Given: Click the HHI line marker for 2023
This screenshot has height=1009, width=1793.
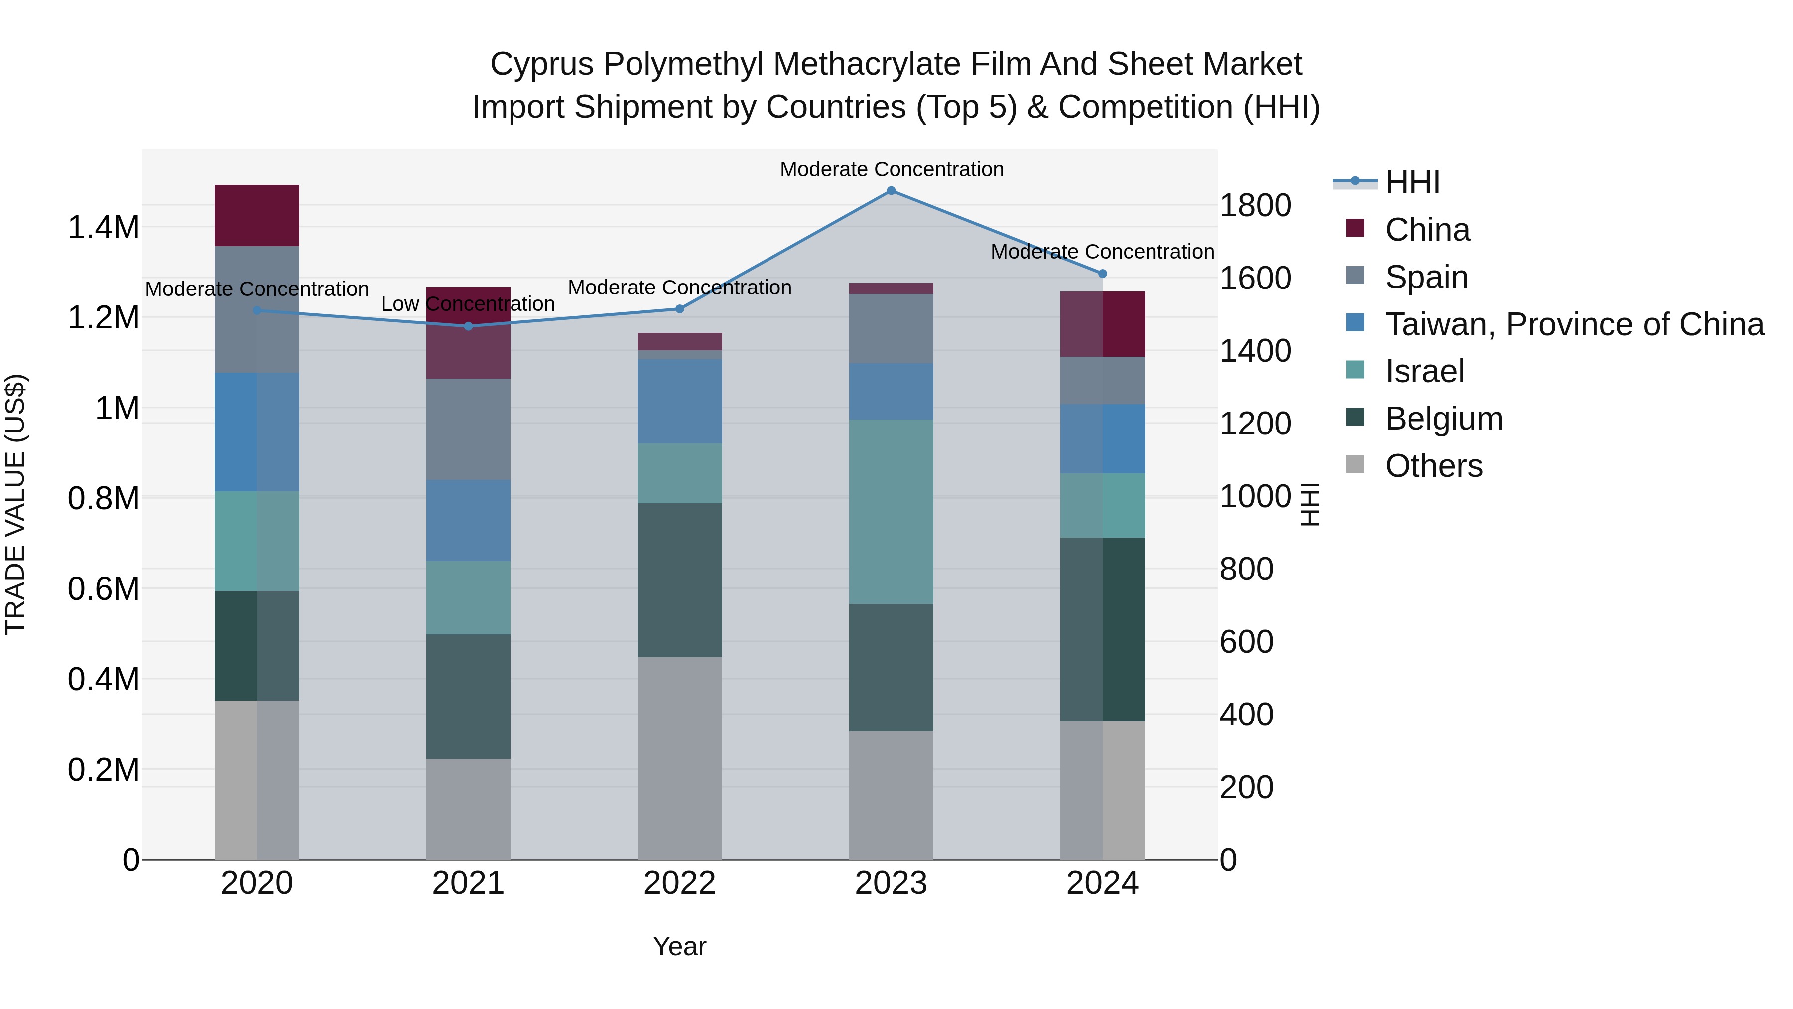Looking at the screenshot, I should click(x=891, y=191).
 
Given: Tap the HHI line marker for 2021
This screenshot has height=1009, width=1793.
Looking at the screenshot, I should click(x=469, y=326).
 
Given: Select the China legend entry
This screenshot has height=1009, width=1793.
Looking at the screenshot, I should click(x=1427, y=230).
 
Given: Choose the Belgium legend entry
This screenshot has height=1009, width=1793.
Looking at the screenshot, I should click(x=1443, y=419).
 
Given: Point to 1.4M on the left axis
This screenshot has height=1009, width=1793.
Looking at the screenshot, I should click(x=103, y=228).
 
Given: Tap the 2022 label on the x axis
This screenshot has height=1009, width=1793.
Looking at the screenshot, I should click(x=679, y=883).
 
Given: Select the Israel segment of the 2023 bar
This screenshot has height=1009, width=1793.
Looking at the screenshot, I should click(x=891, y=512).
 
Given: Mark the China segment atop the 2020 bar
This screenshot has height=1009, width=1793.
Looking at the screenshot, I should click(x=257, y=215).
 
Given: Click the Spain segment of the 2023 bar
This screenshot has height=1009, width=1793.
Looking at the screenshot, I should click(x=891, y=329).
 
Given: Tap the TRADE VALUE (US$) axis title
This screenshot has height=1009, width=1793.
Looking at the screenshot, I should click(x=15, y=504).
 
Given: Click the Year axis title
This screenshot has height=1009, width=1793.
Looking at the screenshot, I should click(x=679, y=946).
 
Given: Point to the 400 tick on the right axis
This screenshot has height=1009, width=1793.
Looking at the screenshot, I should click(x=1246, y=715).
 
